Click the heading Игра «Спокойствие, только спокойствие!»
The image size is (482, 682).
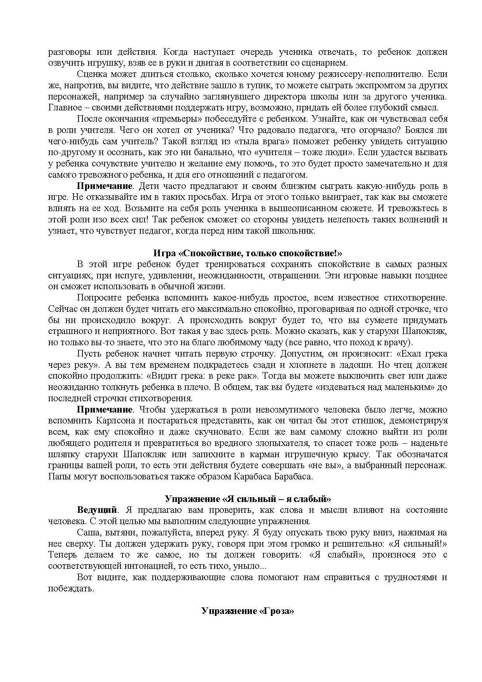coord(248,254)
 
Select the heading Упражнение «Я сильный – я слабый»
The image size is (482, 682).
coord(248,499)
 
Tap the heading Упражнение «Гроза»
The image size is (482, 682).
coord(248,611)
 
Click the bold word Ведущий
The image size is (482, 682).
coord(97,510)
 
